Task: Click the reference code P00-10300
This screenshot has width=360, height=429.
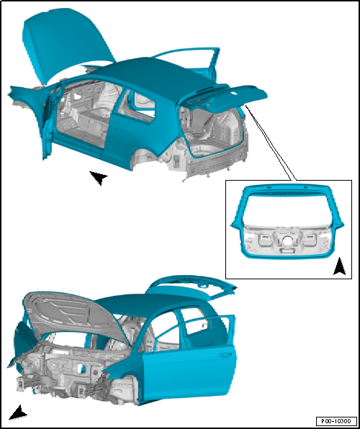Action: pyautogui.click(x=336, y=421)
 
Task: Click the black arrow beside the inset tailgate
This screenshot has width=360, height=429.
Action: pyautogui.click(x=339, y=266)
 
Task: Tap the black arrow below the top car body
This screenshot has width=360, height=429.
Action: pyautogui.click(x=99, y=178)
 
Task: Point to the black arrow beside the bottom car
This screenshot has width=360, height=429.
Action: pyautogui.click(x=18, y=412)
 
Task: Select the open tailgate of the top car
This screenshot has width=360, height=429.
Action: pyautogui.click(x=223, y=99)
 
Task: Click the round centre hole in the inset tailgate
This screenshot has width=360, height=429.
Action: pyautogui.click(x=287, y=240)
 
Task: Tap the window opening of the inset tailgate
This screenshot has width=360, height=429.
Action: pyautogui.click(x=287, y=208)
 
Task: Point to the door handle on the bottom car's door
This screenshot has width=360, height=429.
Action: pyautogui.click(x=224, y=356)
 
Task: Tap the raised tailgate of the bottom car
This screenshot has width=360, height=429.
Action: pyautogui.click(x=192, y=286)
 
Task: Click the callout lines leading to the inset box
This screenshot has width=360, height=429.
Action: pyautogui.click(x=270, y=143)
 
